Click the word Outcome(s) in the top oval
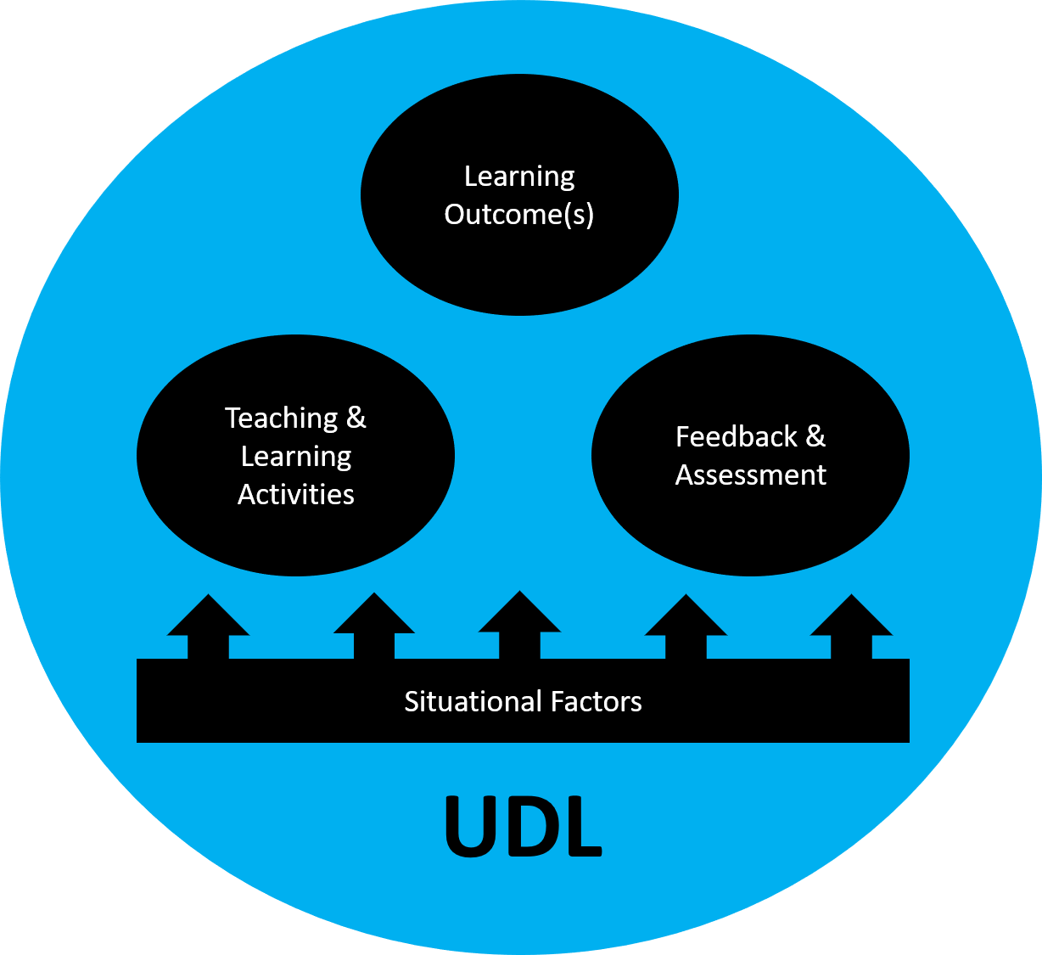519,214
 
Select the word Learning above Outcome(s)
519,177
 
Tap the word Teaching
282,418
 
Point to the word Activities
296,494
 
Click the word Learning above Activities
296,457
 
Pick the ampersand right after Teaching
356,418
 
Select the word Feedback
736,437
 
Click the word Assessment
751,475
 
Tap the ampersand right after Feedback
815,437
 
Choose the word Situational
473,702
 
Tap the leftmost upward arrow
208,627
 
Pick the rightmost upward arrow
851,627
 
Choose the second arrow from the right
686,627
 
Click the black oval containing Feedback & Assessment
750,526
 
